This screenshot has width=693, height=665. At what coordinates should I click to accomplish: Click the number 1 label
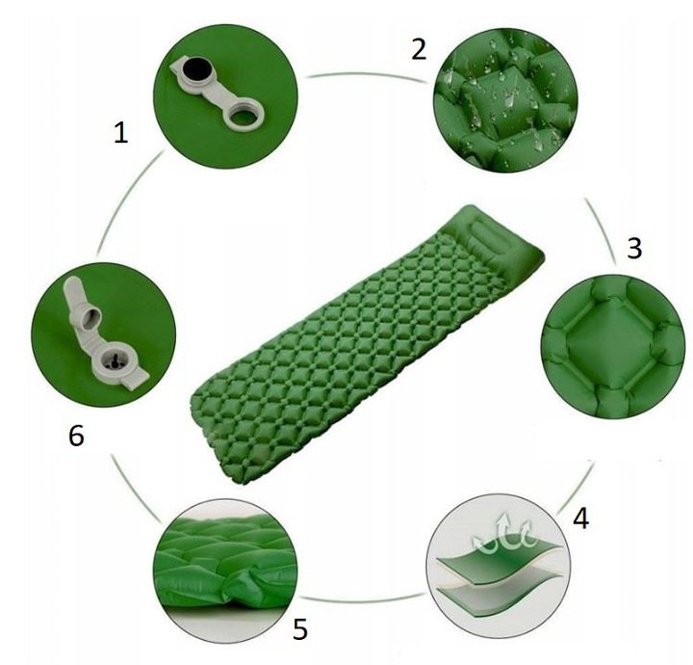coord(120,133)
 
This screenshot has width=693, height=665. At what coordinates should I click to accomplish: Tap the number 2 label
coord(419,49)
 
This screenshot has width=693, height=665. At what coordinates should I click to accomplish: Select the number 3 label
coord(634,249)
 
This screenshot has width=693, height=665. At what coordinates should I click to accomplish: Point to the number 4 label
coord(580,519)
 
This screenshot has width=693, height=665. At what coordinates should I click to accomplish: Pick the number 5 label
coord(299,628)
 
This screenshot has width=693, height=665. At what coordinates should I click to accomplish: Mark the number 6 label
coord(76,436)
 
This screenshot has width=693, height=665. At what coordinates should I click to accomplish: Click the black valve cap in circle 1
coord(195,69)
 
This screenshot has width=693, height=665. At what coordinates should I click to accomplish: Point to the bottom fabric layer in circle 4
coord(500,598)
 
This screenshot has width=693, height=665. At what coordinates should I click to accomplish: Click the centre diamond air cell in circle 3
coord(610,344)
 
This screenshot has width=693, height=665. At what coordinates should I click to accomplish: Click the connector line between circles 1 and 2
coord(368,74)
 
